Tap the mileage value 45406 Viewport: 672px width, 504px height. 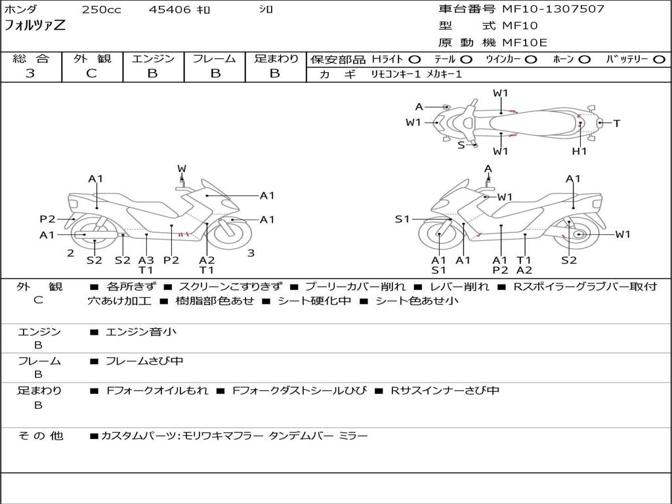(169, 10)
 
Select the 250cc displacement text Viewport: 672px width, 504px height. (101, 10)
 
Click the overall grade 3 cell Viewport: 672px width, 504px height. (30, 73)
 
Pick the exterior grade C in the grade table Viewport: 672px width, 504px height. (91, 73)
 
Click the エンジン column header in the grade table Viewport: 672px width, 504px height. (153, 58)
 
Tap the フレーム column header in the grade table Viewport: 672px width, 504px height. (215, 58)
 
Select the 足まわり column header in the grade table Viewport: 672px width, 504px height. (276, 58)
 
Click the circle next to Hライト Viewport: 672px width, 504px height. (415, 59)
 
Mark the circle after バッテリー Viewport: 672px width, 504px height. (658, 59)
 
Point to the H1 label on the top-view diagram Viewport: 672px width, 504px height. (579, 151)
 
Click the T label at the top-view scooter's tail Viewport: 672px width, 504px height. (617, 123)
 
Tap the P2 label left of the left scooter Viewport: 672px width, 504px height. (47, 219)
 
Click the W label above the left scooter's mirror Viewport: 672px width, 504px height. (182, 169)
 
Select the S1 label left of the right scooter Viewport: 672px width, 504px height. (402, 219)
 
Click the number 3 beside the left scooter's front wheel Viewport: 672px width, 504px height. (251, 253)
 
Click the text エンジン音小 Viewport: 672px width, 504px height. (141, 332)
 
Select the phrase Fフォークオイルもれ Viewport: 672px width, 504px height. (157, 390)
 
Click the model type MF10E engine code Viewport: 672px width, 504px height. (524, 43)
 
